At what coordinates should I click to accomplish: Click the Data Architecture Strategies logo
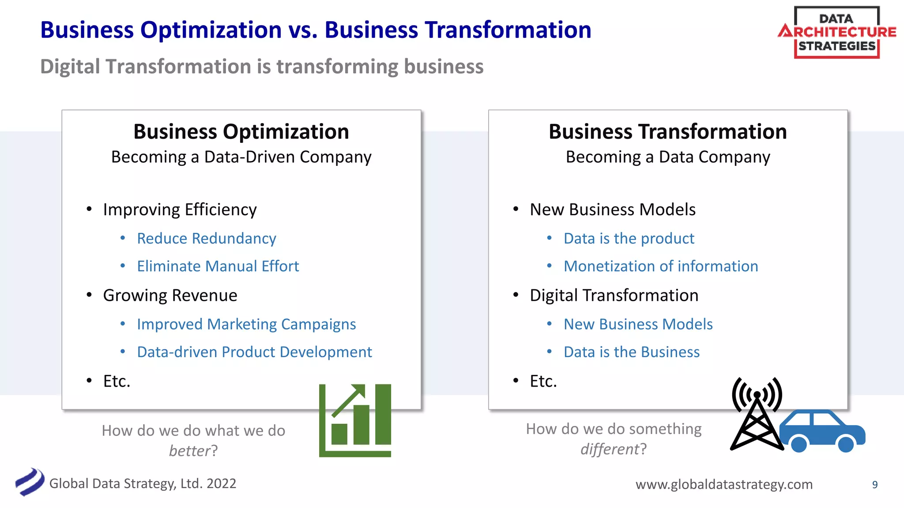click(837, 33)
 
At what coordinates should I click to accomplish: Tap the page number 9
click(874, 485)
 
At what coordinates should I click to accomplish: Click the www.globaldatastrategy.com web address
click(724, 484)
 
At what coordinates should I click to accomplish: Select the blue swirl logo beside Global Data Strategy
click(30, 482)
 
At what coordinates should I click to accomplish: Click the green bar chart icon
click(355, 420)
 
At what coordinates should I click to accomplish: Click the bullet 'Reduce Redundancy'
click(206, 239)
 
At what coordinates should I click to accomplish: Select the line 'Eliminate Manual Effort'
click(218, 266)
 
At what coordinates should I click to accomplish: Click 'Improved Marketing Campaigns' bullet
click(246, 325)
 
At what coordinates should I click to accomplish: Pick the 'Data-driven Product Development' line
click(254, 352)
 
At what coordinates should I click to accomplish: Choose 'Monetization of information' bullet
click(661, 266)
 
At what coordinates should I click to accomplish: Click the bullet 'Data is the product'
click(629, 239)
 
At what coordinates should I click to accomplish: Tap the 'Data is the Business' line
click(632, 352)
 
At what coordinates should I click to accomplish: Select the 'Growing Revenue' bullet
click(170, 295)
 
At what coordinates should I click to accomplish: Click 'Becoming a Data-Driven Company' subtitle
click(241, 157)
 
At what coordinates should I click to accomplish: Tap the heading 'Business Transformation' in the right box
click(667, 132)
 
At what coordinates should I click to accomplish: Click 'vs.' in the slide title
click(303, 30)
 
